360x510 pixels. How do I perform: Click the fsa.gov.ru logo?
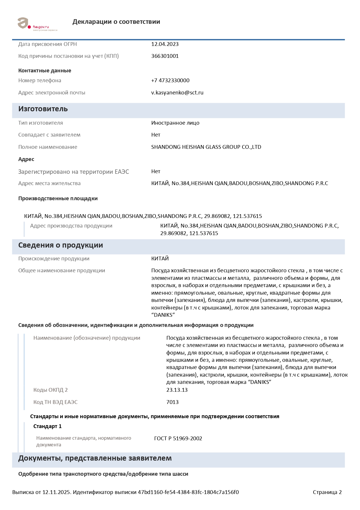tap(37, 24)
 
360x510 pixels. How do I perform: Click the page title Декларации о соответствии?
tap(116, 22)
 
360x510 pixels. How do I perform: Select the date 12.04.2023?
tap(165, 44)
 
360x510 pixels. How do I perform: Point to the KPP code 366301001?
tap(165, 56)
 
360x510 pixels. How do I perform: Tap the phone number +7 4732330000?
tap(170, 80)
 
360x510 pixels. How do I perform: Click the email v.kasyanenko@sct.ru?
tap(177, 93)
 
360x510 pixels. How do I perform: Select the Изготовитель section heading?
tap(43, 109)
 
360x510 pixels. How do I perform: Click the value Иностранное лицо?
tap(175, 123)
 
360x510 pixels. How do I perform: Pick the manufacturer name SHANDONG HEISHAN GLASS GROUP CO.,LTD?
tap(206, 147)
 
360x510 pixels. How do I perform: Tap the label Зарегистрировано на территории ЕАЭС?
tap(73, 172)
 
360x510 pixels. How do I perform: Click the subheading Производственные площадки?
tap(58, 198)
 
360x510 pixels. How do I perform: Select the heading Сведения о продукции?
tap(60, 245)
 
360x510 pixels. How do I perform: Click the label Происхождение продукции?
tap(54, 259)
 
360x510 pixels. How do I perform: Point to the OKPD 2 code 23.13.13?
tap(177, 390)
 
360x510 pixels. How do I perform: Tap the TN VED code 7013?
tap(172, 402)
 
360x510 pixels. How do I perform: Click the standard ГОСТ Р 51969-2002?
tap(178, 439)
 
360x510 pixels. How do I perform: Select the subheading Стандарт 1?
tap(47, 426)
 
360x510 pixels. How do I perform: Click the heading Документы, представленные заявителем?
tap(95, 458)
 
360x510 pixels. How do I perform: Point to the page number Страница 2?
tap(327, 492)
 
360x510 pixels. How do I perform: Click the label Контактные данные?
tap(45, 71)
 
